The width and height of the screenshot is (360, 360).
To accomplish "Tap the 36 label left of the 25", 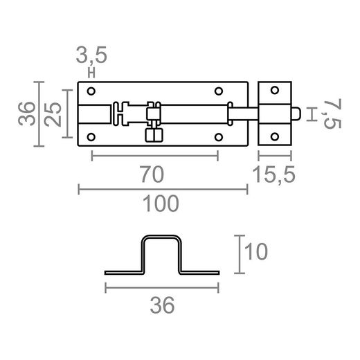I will tap(27, 113).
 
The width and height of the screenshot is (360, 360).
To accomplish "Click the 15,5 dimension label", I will tap(275, 175).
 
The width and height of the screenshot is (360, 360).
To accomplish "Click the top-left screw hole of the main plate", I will tap(92, 91).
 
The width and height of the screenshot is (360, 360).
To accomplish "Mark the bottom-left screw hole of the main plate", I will tap(92, 136).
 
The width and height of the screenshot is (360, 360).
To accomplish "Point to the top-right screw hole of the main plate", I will tap(219, 91).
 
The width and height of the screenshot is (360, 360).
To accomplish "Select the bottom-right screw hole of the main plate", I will tap(219, 136).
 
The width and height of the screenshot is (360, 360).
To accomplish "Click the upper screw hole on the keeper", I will tap(275, 91).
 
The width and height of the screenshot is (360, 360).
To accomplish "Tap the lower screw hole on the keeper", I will tap(275, 136).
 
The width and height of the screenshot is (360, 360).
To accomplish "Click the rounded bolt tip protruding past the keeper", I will tap(297, 113).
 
